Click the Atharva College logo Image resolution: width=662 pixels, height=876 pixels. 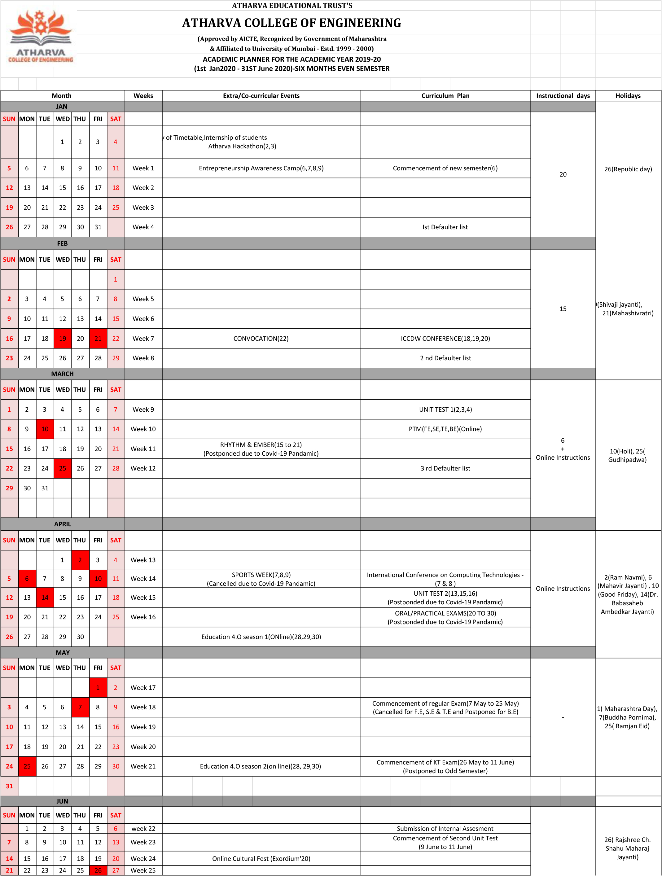[x=40, y=37]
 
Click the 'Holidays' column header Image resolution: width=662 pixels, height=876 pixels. [x=628, y=95]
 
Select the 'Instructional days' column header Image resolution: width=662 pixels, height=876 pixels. [x=563, y=95]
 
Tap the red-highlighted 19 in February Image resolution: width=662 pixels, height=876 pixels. [x=63, y=339]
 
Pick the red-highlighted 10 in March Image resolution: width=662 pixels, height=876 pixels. [x=45, y=429]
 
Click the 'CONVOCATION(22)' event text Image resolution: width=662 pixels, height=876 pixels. [x=261, y=339]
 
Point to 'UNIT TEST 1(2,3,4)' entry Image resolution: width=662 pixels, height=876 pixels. [x=445, y=410]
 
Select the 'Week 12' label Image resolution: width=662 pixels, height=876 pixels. [x=143, y=468]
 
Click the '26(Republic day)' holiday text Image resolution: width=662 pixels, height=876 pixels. [x=628, y=169]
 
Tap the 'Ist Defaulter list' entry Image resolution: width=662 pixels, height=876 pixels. [x=445, y=227]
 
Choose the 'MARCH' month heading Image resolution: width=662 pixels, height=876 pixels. [x=62, y=374]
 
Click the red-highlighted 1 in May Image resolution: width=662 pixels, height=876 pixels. [x=98, y=687]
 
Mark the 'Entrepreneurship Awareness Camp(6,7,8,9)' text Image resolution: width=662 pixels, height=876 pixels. [x=261, y=168]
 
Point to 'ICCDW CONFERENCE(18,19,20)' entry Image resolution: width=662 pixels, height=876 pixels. [x=445, y=339]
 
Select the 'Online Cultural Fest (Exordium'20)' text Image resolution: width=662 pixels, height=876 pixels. [x=261, y=859]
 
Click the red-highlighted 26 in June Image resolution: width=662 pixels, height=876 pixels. [x=98, y=870]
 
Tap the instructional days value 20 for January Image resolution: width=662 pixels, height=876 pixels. [x=563, y=174]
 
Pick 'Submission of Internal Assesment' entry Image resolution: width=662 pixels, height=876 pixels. [x=445, y=829]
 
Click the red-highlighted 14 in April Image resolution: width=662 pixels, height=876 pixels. [x=45, y=598]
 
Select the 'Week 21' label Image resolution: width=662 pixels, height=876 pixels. [x=143, y=766]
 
